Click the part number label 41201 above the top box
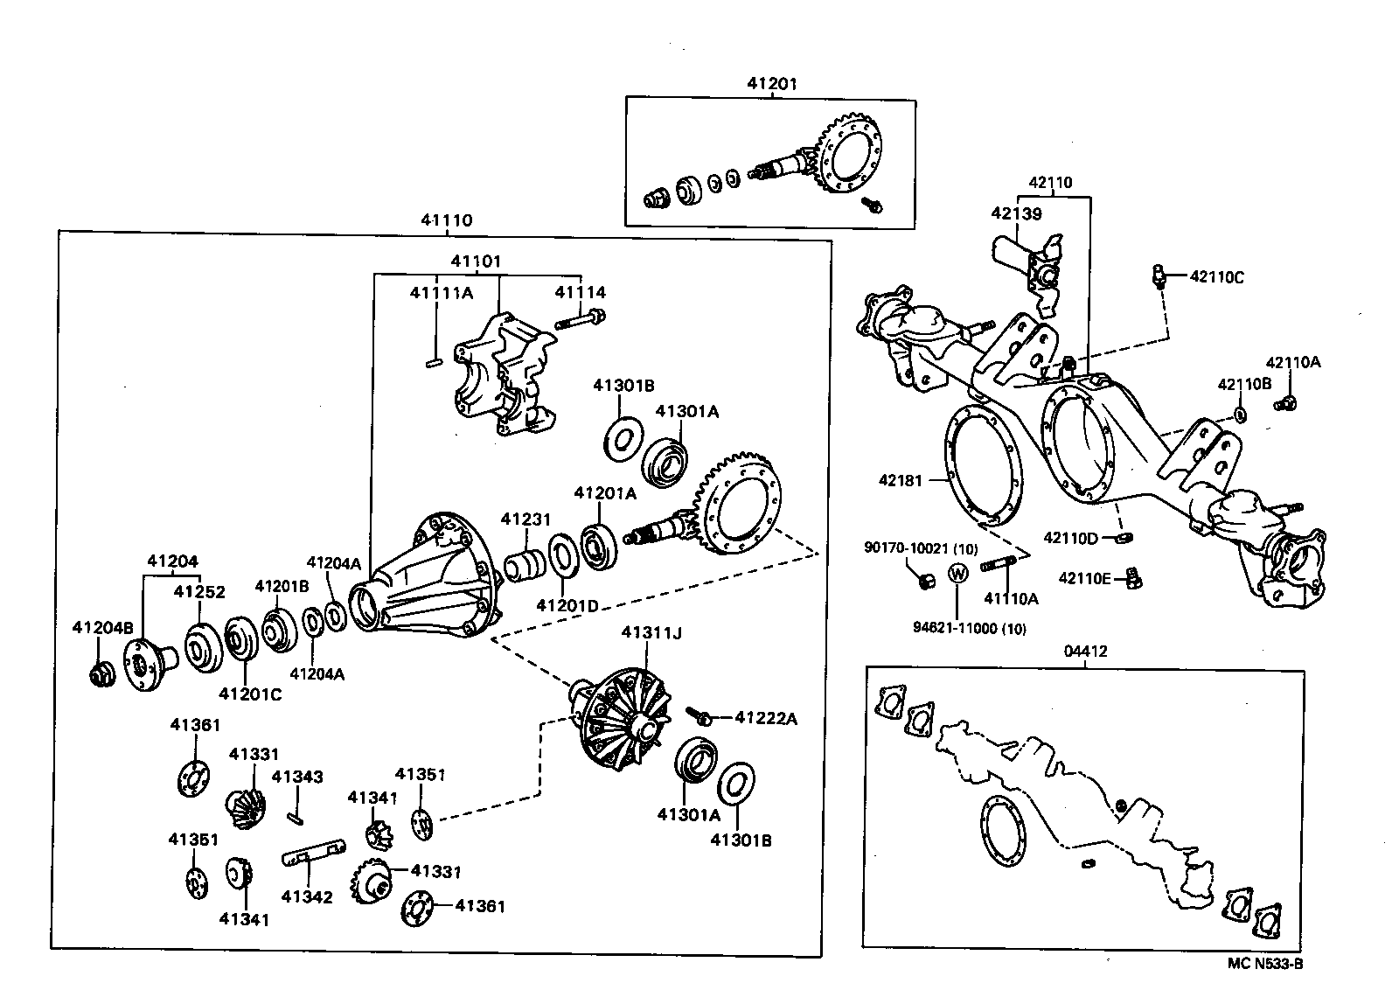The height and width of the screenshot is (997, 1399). pos(771,84)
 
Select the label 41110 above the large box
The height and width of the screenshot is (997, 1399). pos(447,220)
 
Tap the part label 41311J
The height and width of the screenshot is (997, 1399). pos(651,631)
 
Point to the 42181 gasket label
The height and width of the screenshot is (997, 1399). pos(900,479)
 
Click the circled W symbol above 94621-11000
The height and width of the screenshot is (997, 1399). pos(959,574)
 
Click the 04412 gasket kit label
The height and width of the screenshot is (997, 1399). pos(1085,652)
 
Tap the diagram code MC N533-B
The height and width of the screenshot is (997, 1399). pos(1265,964)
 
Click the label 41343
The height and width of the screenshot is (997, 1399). pos(296,776)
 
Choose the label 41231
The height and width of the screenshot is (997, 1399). pos(525,519)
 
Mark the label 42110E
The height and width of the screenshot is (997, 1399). pos(1084,577)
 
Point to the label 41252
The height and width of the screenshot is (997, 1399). pos(198,592)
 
